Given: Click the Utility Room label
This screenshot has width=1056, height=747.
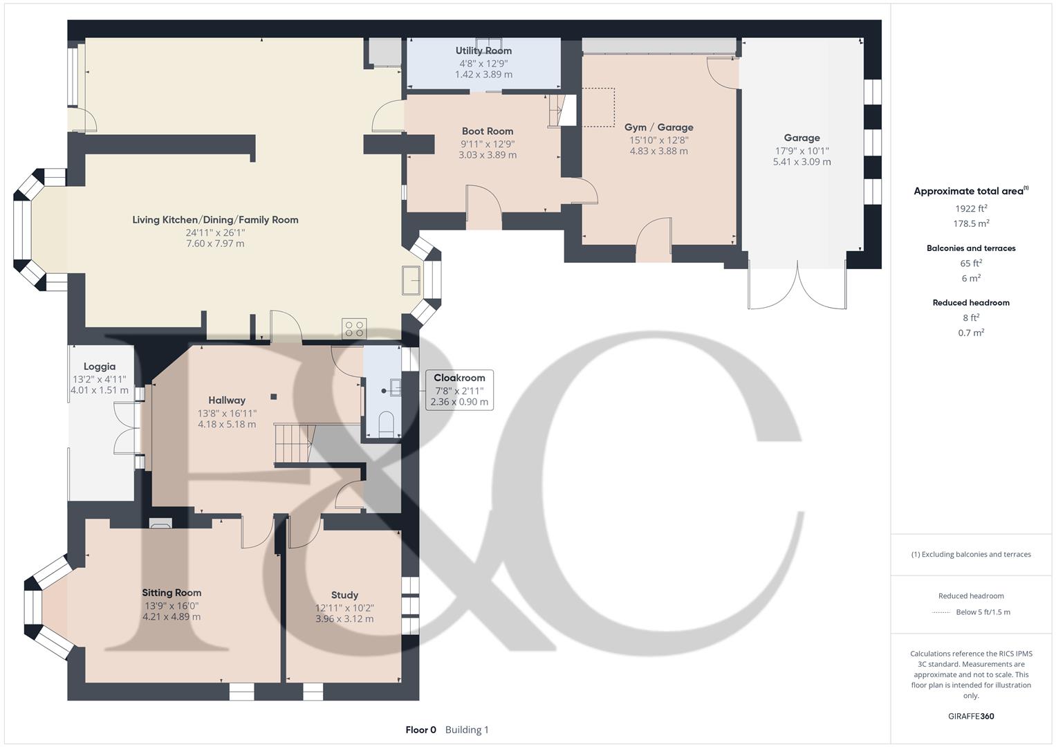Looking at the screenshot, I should tap(483, 50).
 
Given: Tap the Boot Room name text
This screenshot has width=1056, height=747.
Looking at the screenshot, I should tap(488, 131).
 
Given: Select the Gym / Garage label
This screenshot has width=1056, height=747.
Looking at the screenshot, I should tap(658, 127).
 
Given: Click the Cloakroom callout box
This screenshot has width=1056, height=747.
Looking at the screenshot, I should tap(459, 390).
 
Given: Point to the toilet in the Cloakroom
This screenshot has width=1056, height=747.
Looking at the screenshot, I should tap(387, 423).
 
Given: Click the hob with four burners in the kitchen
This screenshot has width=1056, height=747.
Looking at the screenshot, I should tap(354, 329).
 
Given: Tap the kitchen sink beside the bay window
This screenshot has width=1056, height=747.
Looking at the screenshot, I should tap(413, 280).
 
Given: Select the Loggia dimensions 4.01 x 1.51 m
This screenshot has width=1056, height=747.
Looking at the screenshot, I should tap(100, 390).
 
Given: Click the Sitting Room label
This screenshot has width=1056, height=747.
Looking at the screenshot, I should tap(172, 593).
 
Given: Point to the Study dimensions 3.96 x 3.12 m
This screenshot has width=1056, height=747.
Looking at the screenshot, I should tap(344, 619).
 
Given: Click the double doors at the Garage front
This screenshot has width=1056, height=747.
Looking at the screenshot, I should tap(797, 285).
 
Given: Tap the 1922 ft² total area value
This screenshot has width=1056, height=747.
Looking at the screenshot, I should tap(971, 208).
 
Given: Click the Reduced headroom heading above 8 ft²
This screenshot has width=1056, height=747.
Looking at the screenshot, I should tap(971, 303).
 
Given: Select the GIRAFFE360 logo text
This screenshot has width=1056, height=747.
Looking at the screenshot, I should tap(971, 717).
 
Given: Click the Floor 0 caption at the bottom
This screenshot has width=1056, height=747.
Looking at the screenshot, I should tap(420, 730).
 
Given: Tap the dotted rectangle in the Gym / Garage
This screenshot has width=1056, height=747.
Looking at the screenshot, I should tap(598, 107).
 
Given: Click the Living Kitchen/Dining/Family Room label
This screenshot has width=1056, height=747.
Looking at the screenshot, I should tap(215, 220).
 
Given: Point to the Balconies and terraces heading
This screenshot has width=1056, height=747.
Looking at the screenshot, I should tap(971, 248).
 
